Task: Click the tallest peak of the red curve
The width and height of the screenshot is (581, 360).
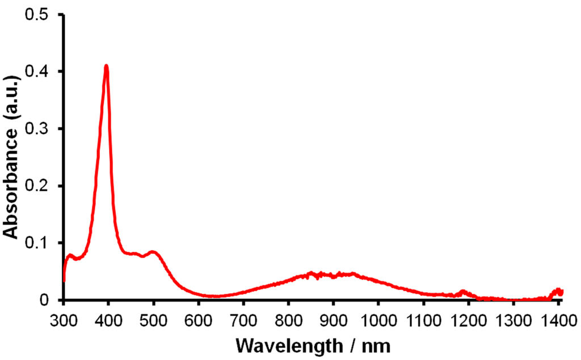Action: tap(106, 66)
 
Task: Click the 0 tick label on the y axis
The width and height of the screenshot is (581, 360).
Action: tap(48, 299)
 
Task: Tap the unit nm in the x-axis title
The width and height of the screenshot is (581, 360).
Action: tap(378, 344)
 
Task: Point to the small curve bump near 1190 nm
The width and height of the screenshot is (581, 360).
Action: tap(464, 292)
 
